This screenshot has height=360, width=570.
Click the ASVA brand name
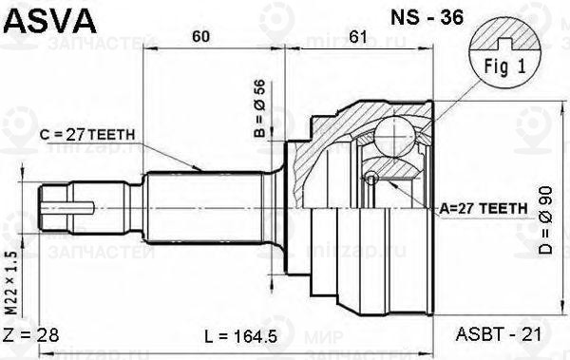tap(47, 19)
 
